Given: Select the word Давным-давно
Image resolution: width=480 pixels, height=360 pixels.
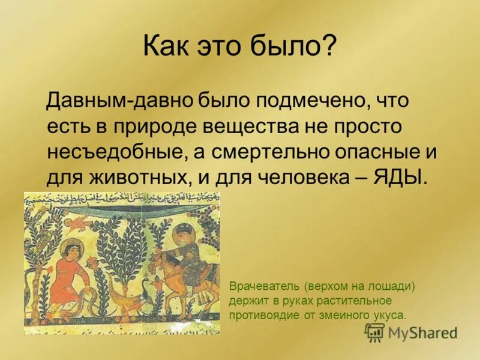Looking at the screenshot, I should [x=113, y=100].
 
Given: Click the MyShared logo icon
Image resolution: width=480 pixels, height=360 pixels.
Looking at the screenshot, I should [x=374, y=331].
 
